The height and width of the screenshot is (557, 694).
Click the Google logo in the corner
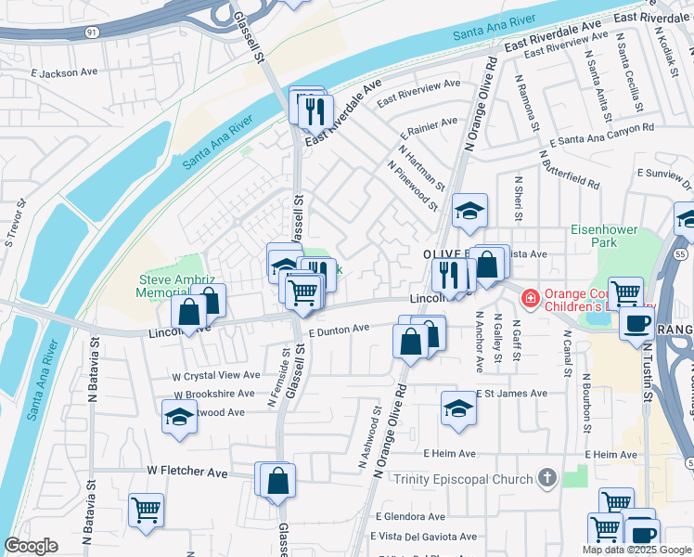(x=32, y=546)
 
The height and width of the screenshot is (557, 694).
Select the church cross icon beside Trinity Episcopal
(x=547, y=478)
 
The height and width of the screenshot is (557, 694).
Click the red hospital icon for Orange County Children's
(x=530, y=298)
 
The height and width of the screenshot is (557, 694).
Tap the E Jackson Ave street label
(x=63, y=71)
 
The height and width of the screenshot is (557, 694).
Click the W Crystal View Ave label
(x=216, y=375)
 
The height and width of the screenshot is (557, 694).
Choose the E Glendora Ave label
(x=416, y=516)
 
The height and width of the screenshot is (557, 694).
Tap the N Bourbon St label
(x=586, y=405)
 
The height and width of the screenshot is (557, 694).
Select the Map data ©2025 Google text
(x=636, y=549)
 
